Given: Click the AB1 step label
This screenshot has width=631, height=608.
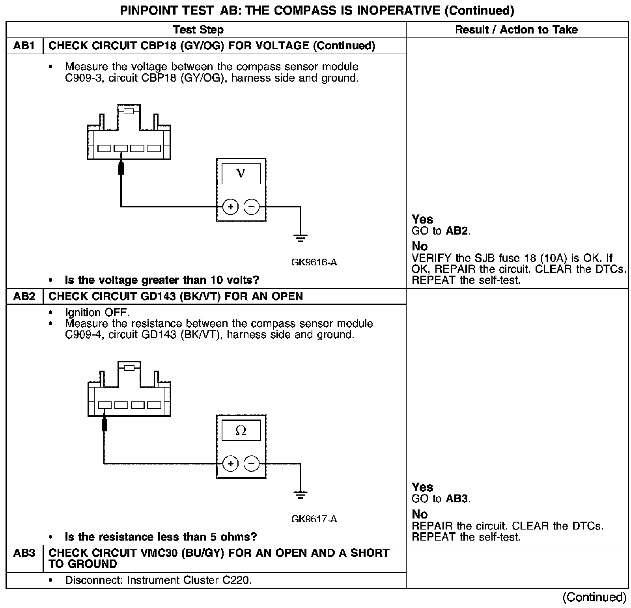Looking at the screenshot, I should pyautogui.click(x=24, y=46).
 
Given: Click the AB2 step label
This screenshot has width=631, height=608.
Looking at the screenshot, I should pyautogui.click(x=24, y=296).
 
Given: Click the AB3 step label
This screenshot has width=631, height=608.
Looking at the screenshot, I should pyautogui.click(x=24, y=553).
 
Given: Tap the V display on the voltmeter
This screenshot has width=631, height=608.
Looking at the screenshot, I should pyautogui.click(x=241, y=174).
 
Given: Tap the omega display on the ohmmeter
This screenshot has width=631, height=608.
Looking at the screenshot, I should pyautogui.click(x=241, y=431).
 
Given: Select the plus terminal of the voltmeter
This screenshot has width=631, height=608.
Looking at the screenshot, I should pyautogui.click(x=230, y=207).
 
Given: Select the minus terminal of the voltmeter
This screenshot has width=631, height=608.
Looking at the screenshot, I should pyautogui.click(x=252, y=207).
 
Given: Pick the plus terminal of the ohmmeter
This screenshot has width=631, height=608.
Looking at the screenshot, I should pyautogui.click(x=230, y=463).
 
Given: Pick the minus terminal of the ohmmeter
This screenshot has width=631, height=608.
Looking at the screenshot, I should pyautogui.click(x=252, y=463).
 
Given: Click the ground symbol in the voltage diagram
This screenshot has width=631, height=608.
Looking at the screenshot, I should pyautogui.click(x=301, y=238).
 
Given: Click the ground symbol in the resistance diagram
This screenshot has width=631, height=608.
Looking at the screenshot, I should pyautogui.click(x=301, y=494).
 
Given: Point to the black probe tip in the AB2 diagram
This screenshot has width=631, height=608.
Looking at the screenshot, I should pyautogui.click(x=105, y=424).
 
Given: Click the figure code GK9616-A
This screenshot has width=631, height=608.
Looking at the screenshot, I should pyautogui.click(x=314, y=262).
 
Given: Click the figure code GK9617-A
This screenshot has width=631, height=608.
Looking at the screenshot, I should pyautogui.click(x=314, y=519).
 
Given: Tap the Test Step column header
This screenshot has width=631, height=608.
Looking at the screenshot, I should pyautogui.click(x=198, y=30).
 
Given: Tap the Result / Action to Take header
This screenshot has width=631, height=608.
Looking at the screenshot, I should pyautogui.click(x=516, y=30).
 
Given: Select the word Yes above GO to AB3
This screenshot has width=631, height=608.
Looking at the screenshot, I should pyautogui.click(x=422, y=487).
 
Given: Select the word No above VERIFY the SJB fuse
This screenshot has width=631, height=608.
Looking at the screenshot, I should pyautogui.click(x=420, y=246).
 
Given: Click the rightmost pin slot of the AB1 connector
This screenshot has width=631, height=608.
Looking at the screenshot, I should pyautogui.click(x=154, y=149).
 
